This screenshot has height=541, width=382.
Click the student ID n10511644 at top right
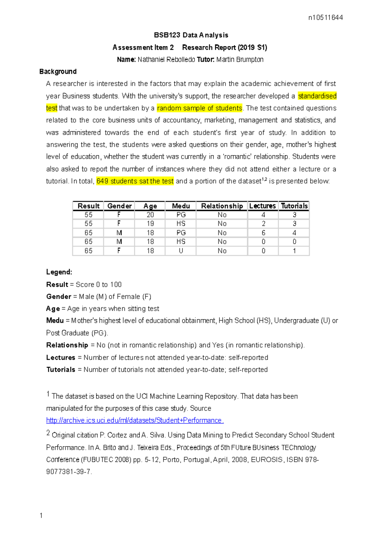point(325,18)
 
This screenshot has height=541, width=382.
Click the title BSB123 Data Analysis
point(191,35)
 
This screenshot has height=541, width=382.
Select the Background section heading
point(58,72)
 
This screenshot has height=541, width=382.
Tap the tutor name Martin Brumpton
point(240,59)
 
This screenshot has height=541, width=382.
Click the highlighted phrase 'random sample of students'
point(200,108)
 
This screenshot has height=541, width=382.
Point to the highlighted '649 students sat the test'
point(135,181)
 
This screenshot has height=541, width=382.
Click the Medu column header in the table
point(181,206)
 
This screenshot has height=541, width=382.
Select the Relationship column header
point(222,206)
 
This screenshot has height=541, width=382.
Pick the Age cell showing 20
point(150,215)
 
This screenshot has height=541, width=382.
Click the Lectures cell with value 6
point(263,233)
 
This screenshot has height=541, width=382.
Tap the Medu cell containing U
point(181,251)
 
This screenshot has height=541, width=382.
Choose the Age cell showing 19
point(150,224)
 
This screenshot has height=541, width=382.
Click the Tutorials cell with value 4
point(294,233)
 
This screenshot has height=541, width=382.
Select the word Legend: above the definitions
point(59,272)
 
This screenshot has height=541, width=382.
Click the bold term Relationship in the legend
point(67,345)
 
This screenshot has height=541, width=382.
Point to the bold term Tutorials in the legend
point(61,370)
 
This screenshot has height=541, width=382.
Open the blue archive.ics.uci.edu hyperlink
point(135,420)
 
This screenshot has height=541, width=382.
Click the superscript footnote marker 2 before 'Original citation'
point(48,433)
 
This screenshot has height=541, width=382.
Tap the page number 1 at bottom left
point(41,516)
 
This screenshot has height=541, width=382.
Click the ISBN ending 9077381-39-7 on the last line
point(68,472)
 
